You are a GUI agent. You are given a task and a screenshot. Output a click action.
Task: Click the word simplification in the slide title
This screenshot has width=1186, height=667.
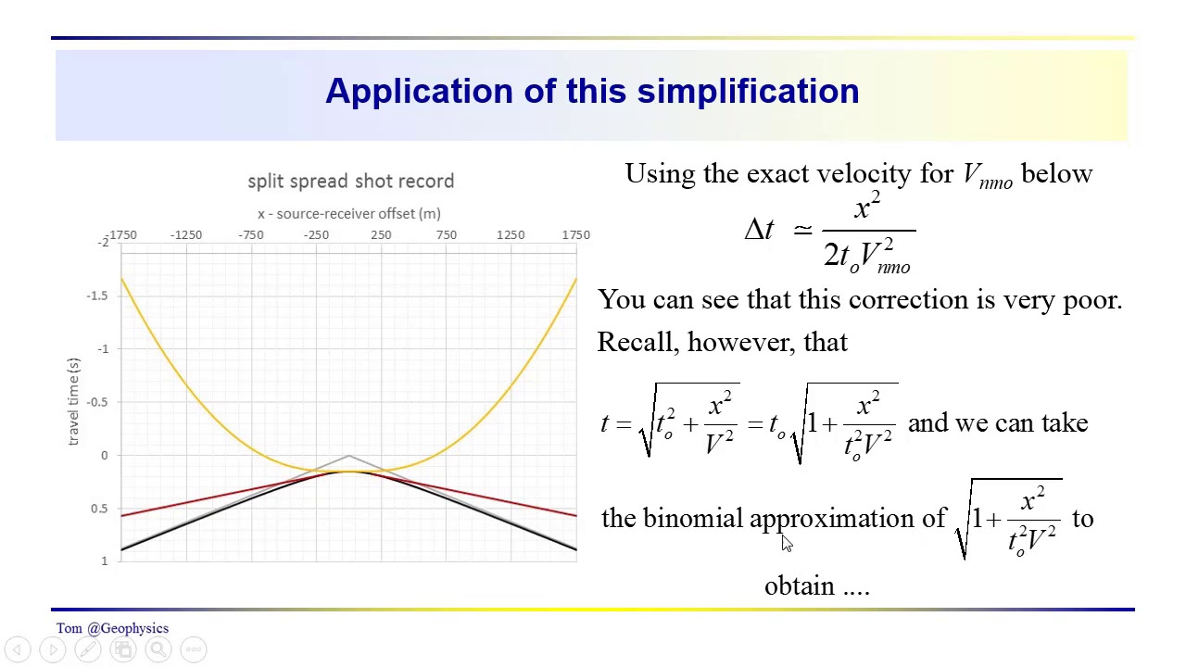(748, 91)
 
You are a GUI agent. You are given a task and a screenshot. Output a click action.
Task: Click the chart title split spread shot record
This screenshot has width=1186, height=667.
(350, 181)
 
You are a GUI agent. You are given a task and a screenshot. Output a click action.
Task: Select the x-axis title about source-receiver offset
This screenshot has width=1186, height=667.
(349, 213)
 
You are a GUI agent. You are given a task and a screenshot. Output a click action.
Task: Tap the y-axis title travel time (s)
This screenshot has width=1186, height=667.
(74, 401)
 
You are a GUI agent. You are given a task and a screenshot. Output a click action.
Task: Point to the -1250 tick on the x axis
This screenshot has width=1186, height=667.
(186, 234)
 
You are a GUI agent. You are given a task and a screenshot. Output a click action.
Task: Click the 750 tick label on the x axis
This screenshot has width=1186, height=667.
(446, 234)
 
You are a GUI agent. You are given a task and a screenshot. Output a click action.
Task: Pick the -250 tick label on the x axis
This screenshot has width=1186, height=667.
(316, 234)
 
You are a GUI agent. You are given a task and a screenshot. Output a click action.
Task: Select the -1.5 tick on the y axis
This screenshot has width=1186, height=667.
(96, 296)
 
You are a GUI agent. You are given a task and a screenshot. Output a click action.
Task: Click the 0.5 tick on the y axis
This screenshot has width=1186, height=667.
(98, 509)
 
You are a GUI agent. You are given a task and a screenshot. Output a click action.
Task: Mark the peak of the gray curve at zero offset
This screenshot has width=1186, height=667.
(348, 455)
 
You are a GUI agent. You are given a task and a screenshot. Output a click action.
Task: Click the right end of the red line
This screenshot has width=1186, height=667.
(574, 515)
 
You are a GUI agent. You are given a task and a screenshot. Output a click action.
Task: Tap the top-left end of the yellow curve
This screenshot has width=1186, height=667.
(122, 280)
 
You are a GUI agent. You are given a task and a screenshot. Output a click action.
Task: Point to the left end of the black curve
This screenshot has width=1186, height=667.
(122, 549)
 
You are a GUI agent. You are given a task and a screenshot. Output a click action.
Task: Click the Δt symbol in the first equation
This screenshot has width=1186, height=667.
(759, 230)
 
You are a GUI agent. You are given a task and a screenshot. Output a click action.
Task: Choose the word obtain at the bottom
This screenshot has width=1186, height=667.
(799, 585)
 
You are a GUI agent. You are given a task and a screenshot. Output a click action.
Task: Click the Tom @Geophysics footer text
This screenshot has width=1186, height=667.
(112, 628)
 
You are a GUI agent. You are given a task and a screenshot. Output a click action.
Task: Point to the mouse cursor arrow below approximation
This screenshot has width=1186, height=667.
(787, 545)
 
